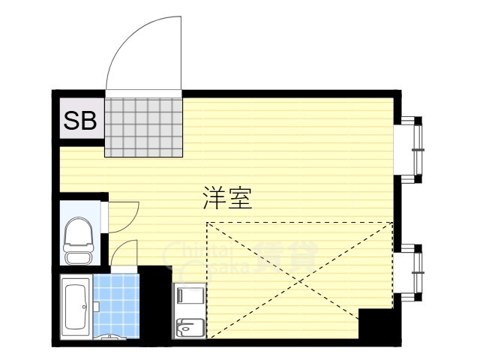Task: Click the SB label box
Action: [x=80, y=121]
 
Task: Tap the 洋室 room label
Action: [x=226, y=198]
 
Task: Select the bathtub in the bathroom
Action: [x=76, y=307]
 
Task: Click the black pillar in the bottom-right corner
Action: [x=376, y=324]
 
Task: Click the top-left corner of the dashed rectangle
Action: [x=207, y=223]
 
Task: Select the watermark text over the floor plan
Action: [x=240, y=259]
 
